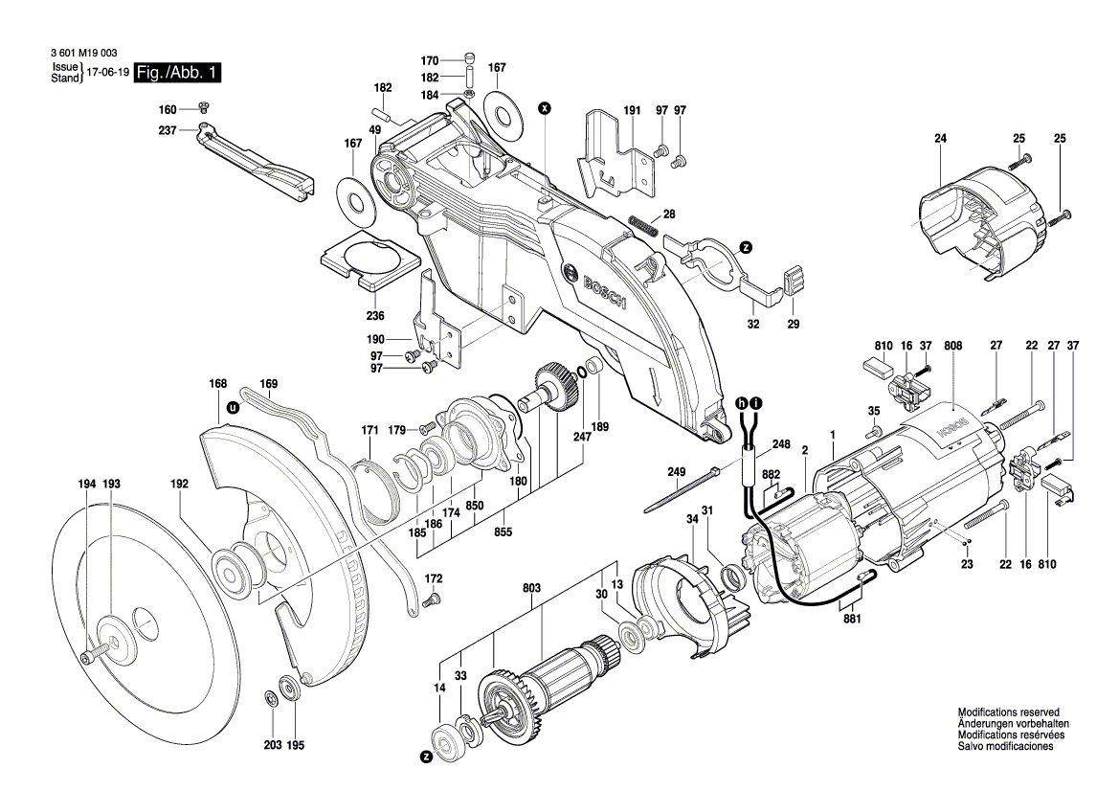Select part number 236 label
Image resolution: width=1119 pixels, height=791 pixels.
coord(375,316)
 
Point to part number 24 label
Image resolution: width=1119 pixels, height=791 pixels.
coord(940,139)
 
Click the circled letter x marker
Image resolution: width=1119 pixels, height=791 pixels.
coord(545,108)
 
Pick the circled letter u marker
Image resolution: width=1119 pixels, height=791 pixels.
coord(232,407)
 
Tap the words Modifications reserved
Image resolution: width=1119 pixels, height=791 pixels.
coord(1008,713)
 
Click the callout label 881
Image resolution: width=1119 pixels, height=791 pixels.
coord(852,620)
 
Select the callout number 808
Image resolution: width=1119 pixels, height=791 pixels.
coord(952,344)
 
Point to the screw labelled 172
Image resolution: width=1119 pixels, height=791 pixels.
coord(432,600)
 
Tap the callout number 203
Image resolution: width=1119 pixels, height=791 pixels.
coord(271,745)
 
